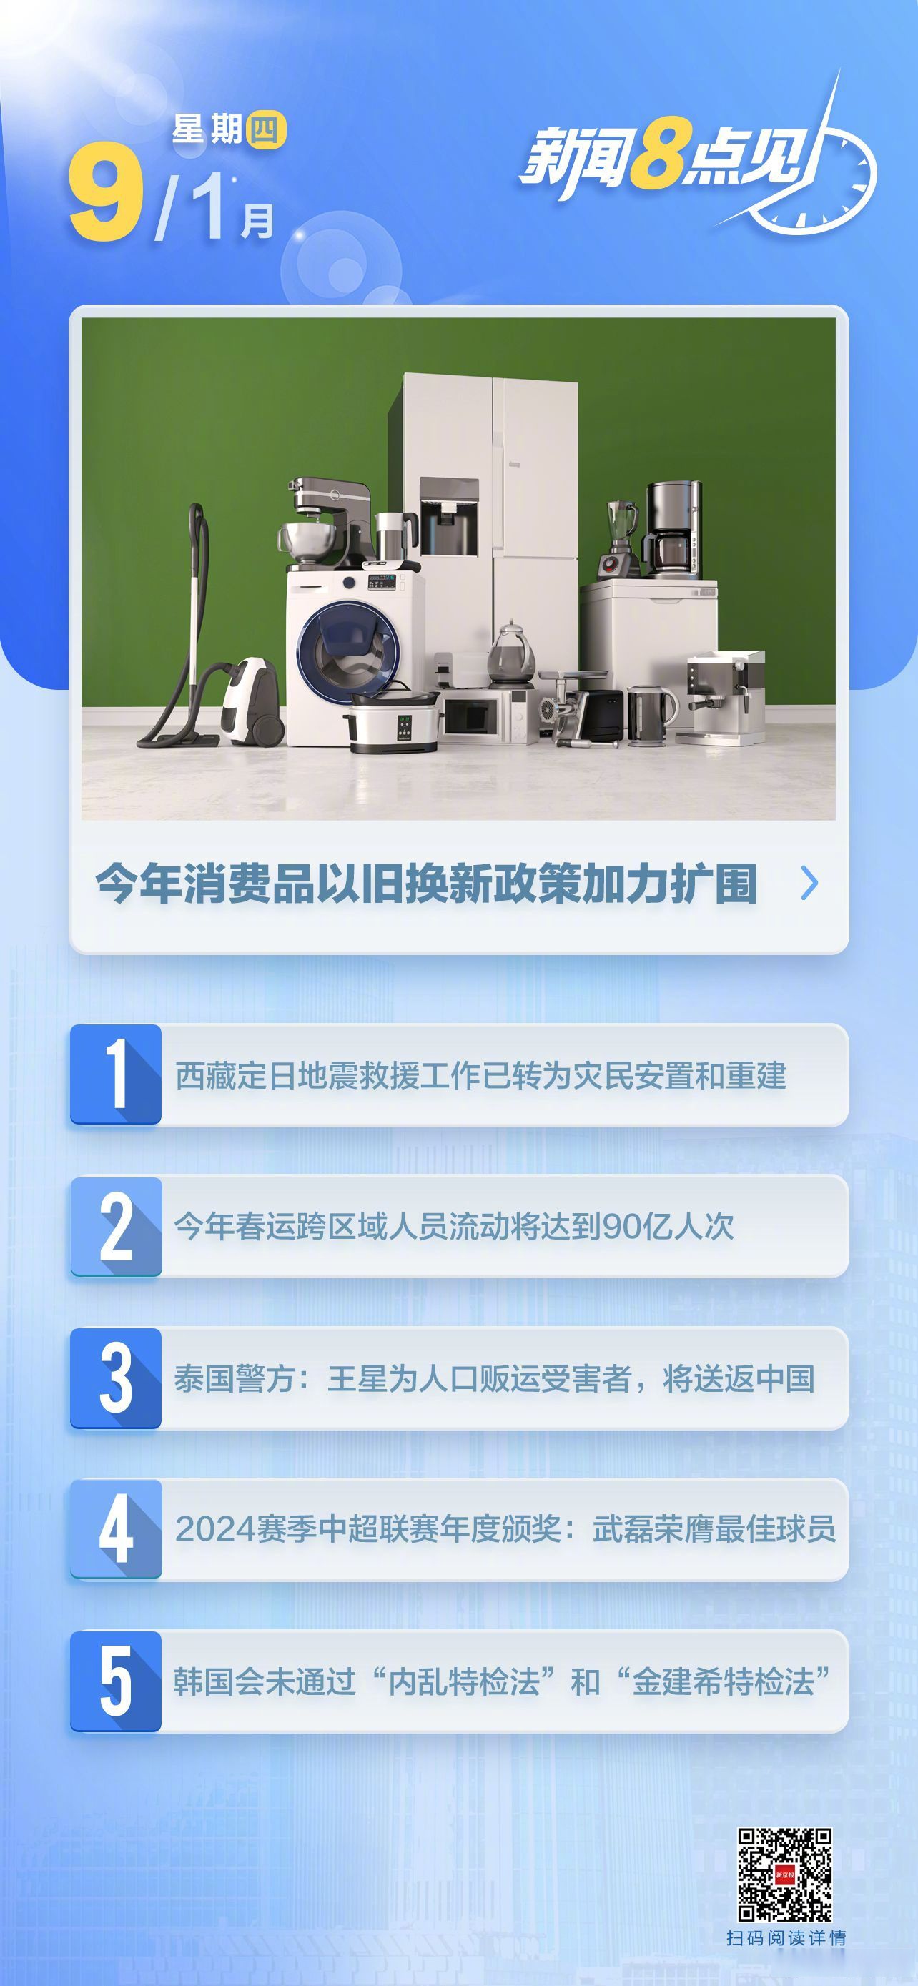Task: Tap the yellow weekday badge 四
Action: click(265, 130)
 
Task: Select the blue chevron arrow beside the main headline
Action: click(809, 883)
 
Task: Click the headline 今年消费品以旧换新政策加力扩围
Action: click(425, 884)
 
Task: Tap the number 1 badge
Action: click(117, 1074)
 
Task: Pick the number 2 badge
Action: click(117, 1226)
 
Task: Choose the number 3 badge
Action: click(117, 1378)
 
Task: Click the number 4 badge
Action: click(117, 1528)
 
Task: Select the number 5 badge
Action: click(117, 1681)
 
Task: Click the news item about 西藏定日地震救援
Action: click(480, 1075)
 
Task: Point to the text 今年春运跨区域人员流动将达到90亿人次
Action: click(454, 1227)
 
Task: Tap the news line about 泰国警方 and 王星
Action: click(494, 1378)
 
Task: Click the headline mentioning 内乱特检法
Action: click(501, 1681)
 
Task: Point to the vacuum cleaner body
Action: click(250, 701)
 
